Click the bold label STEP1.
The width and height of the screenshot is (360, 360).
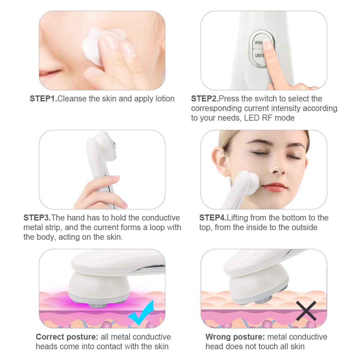point(43,99)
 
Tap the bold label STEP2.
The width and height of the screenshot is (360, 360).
point(205,99)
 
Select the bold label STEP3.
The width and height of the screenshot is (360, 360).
point(37,218)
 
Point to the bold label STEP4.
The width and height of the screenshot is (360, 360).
point(213,218)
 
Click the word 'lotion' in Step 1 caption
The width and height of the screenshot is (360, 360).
point(163,99)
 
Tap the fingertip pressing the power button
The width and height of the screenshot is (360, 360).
point(267,45)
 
